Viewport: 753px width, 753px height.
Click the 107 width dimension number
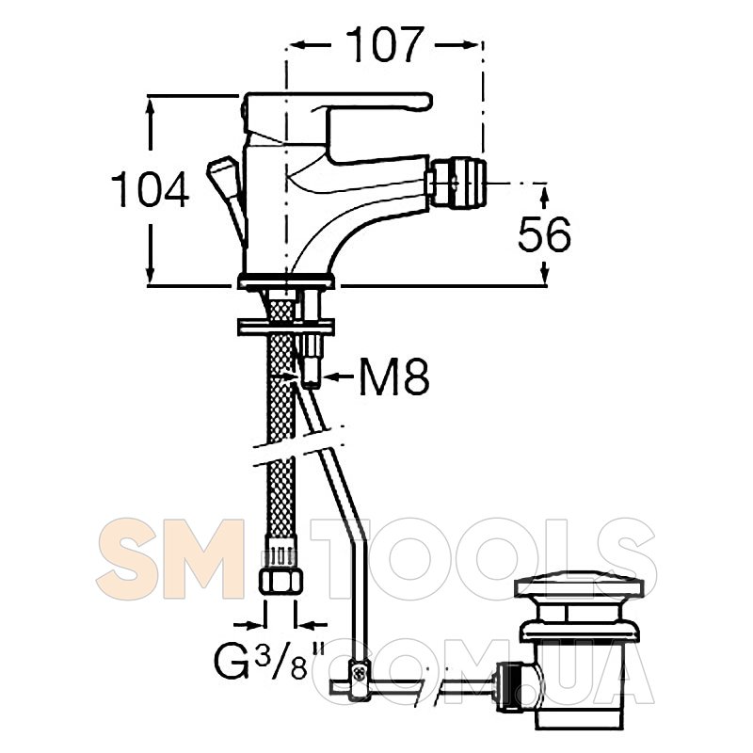pyautogui.click(x=385, y=44)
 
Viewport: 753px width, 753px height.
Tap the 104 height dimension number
pyautogui.click(x=151, y=189)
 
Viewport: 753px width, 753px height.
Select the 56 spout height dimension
pyautogui.click(x=545, y=233)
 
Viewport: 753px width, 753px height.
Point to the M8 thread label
pyautogui.click(x=394, y=377)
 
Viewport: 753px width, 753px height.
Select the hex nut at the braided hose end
pyautogui.click(x=280, y=581)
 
